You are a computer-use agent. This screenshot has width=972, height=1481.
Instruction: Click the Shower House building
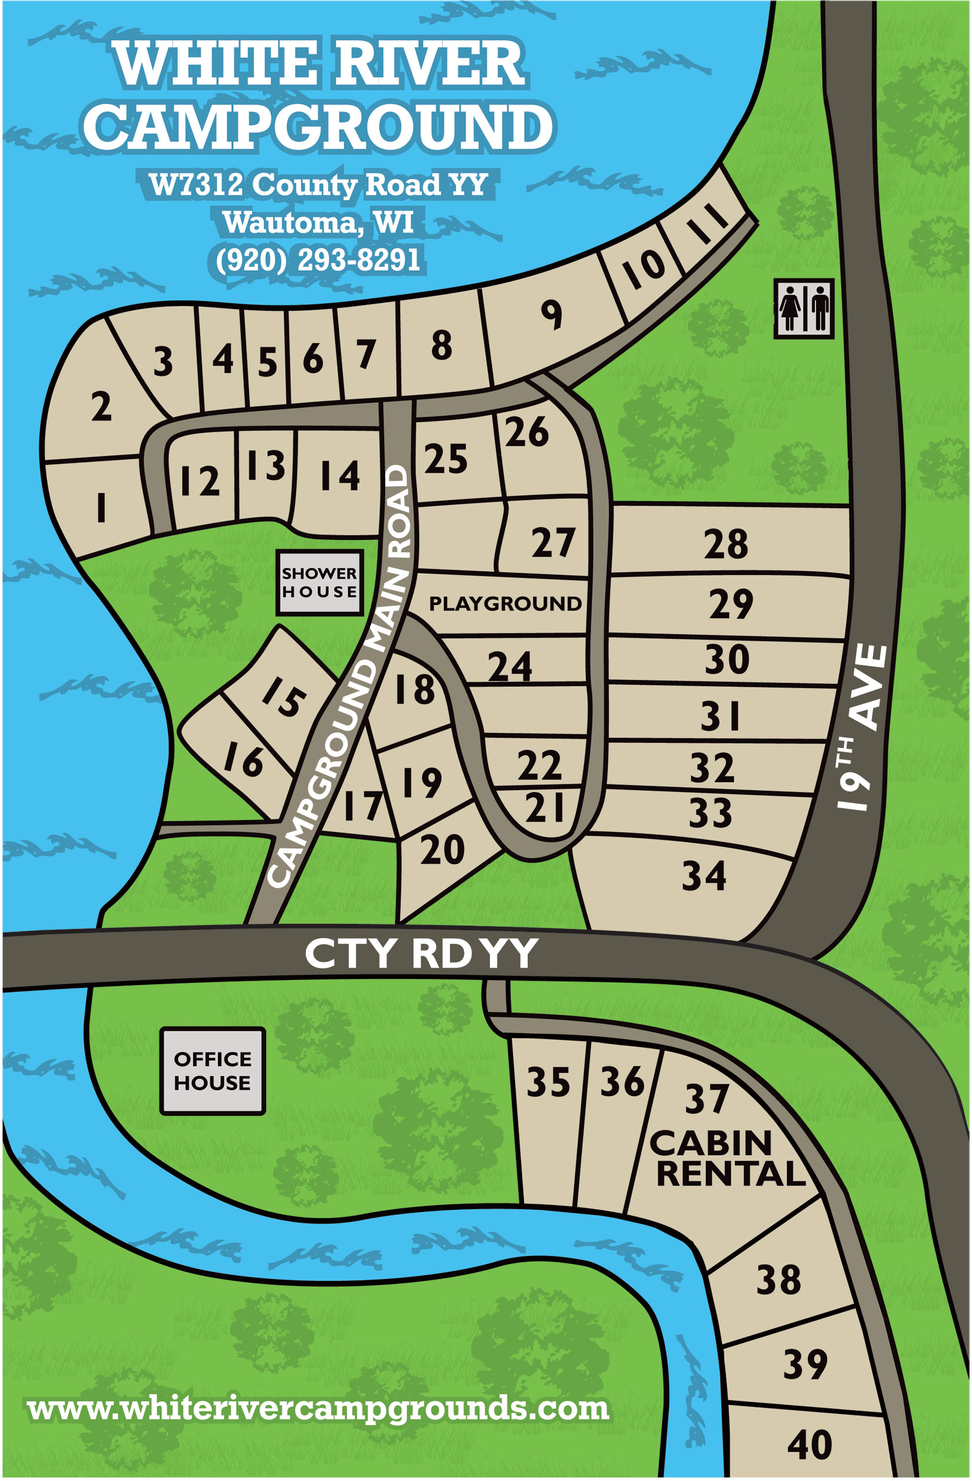pyautogui.click(x=319, y=583)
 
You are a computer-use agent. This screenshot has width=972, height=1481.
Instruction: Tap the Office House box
pyautogui.click(x=212, y=1070)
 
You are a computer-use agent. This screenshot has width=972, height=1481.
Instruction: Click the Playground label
pyautogui.click(x=505, y=603)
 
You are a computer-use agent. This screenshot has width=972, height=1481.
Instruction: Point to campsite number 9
pyautogui.click(x=551, y=314)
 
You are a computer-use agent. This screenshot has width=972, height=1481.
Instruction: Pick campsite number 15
pyautogui.click(x=283, y=697)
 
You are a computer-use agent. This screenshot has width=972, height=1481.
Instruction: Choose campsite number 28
pyautogui.click(x=726, y=544)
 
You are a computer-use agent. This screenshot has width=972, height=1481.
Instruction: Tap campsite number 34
pyautogui.click(x=704, y=875)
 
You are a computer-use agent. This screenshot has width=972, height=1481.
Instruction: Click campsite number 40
pyautogui.click(x=809, y=1445)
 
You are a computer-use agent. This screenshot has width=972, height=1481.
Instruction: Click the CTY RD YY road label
pyautogui.click(x=421, y=953)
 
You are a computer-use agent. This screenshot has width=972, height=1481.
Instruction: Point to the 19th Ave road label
pyautogui.click(x=862, y=727)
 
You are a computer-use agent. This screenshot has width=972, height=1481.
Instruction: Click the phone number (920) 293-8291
pyautogui.click(x=318, y=260)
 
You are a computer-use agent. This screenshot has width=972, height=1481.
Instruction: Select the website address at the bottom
pyautogui.click(x=318, y=1408)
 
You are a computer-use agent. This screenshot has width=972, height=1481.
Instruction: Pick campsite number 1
pyautogui.click(x=101, y=507)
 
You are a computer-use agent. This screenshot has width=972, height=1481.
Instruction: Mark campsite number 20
pyautogui.click(x=442, y=850)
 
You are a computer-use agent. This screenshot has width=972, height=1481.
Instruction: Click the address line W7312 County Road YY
pyautogui.click(x=318, y=184)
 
